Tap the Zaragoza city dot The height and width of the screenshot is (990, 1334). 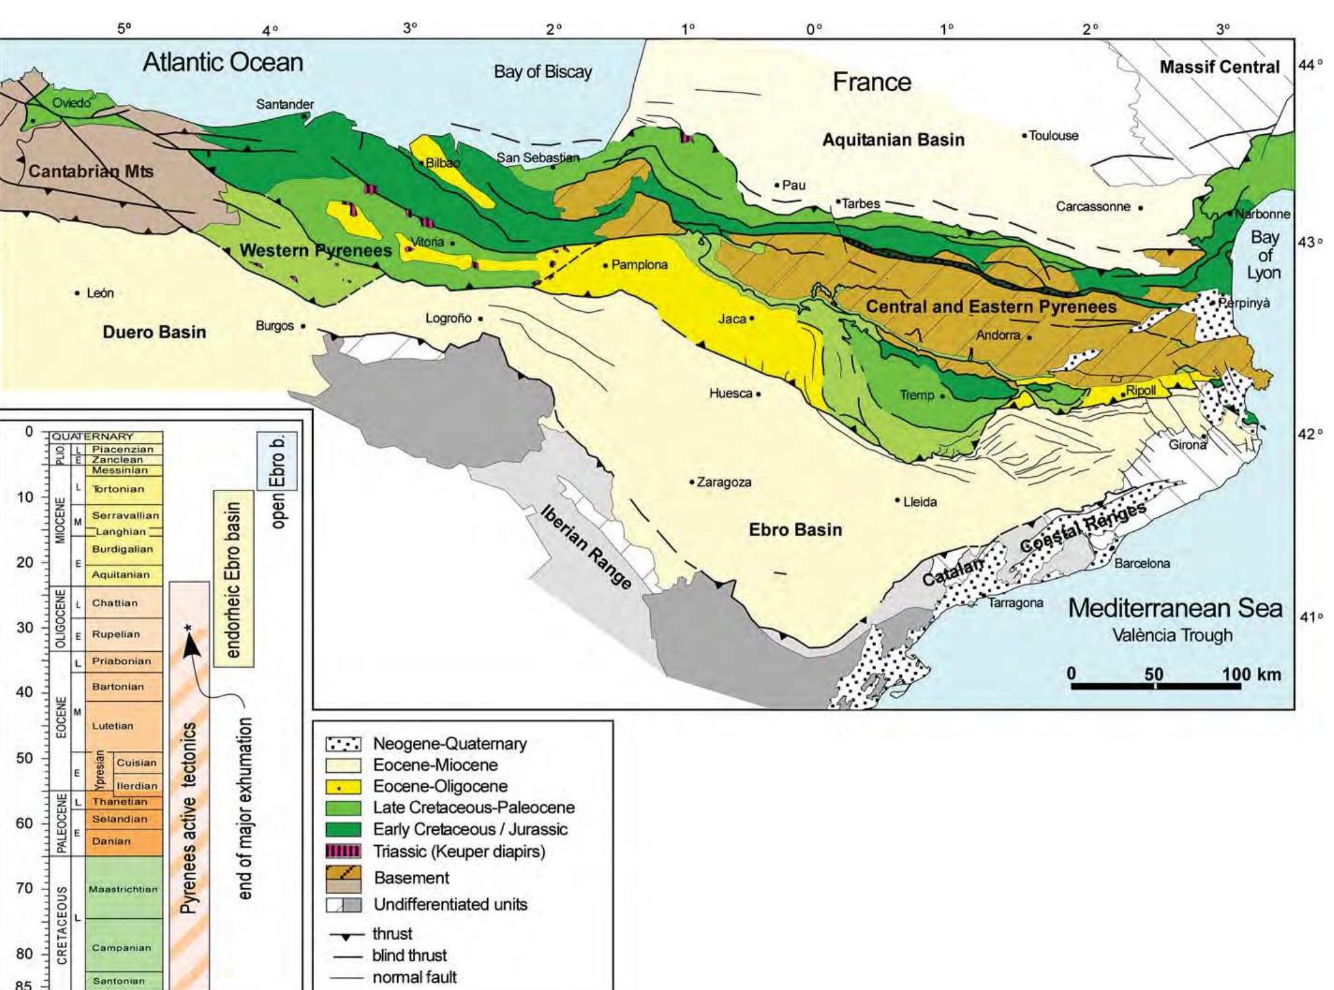click(x=692, y=482)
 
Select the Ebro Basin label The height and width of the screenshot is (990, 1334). click(x=795, y=530)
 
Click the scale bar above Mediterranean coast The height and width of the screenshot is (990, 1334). click(x=1155, y=686)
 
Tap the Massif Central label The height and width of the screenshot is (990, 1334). click(x=1219, y=67)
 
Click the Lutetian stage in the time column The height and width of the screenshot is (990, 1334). click(x=112, y=726)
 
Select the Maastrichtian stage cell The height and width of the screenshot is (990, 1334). click(x=123, y=889)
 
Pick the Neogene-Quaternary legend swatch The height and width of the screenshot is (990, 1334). click(x=343, y=744)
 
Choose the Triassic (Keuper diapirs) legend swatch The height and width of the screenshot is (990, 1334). click(x=343, y=851)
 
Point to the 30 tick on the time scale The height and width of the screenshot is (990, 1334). click(x=25, y=627)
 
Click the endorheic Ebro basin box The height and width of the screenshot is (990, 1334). click(x=233, y=579)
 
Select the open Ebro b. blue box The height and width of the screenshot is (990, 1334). click(x=277, y=461)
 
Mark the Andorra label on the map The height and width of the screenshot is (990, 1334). click(x=997, y=335)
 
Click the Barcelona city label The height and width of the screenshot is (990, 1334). click(x=1142, y=563)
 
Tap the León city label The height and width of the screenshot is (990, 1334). click(x=100, y=293)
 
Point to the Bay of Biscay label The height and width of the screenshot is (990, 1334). click(x=542, y=72)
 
